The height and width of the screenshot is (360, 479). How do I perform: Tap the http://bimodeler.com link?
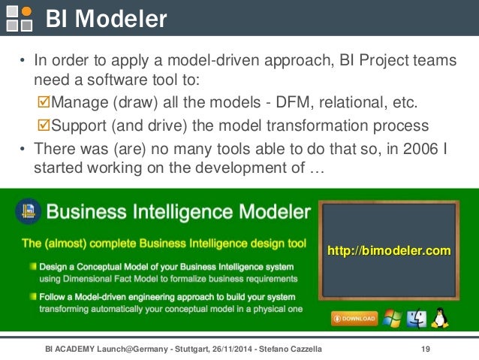click(x=389, y=250)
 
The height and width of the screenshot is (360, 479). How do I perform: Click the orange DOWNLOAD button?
click(x=354, y=318)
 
